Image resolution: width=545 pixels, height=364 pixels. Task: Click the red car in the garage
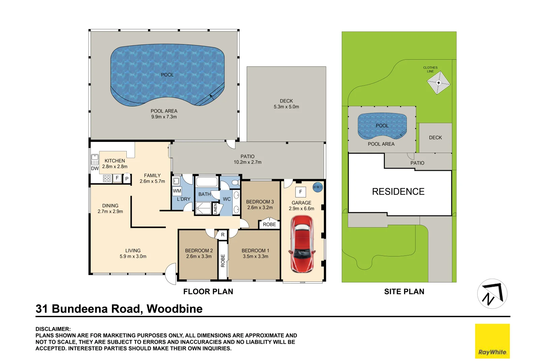(302, 244)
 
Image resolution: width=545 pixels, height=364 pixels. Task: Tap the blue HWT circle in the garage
(318, 187)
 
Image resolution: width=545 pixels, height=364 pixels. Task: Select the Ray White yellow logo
(492, 341)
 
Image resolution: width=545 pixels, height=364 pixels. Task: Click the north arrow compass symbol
(492, 294)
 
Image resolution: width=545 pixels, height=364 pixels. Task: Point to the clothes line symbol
(439, 83)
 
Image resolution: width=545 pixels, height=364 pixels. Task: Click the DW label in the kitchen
(95, 169)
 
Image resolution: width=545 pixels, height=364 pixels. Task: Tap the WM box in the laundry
(177, 191)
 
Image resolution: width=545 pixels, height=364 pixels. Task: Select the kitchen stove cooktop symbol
(107, 179)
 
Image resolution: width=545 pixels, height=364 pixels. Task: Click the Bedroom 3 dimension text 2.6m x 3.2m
(260, 208)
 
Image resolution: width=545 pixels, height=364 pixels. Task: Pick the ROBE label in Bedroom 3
(269, 224)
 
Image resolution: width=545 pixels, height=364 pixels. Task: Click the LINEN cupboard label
(215, 209)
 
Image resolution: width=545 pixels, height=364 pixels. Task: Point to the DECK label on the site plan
(435, 138)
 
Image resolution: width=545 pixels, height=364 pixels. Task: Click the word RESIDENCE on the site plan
(398, 191)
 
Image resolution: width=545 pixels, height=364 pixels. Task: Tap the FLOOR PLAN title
(208, 292)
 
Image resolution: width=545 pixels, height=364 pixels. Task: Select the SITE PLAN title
(404, 292)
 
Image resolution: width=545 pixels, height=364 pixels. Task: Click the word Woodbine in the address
(175, 309)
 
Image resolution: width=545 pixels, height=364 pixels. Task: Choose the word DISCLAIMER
(53, 329)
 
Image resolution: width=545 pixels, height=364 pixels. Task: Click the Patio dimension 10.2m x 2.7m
(247, 162)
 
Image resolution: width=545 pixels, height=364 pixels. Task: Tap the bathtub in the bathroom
(207, 182)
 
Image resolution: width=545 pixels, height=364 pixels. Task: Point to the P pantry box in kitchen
(126, 179)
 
